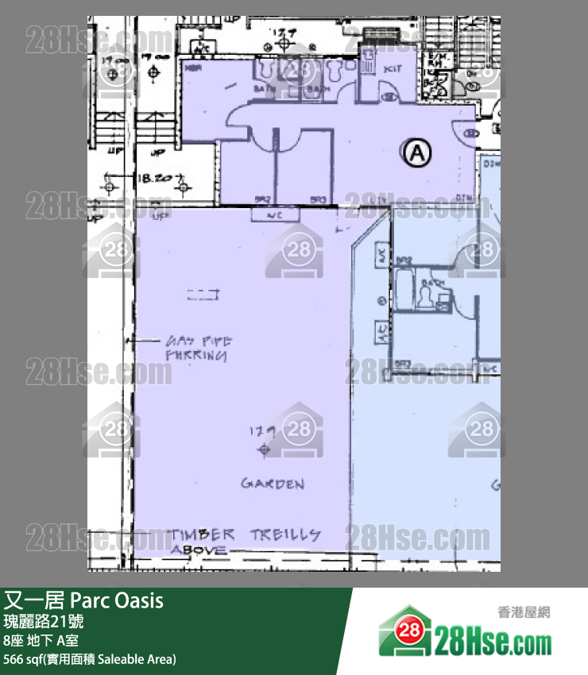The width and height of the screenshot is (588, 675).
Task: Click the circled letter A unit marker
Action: pos(416,152)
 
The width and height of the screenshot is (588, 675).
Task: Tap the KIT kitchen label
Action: pos(392,70)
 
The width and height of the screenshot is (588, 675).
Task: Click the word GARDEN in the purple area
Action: pos(273,484)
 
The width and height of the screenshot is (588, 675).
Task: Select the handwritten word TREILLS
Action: pos(285,534)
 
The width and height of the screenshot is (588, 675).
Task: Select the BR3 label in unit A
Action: pos(319,199)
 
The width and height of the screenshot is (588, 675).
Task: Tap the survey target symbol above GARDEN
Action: pos(263,450)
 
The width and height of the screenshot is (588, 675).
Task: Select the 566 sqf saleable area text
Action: pos(89,659)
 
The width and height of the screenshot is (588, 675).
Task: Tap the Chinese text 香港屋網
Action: pos(523,611)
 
